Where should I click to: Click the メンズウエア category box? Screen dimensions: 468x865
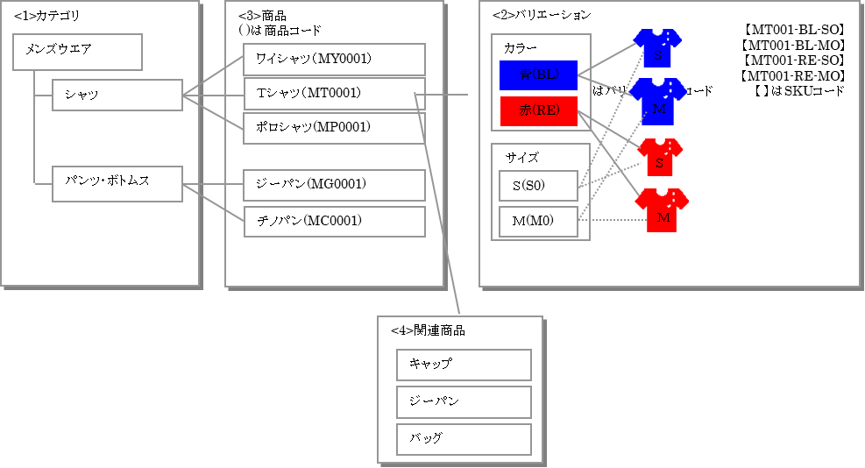[x=78, y=52]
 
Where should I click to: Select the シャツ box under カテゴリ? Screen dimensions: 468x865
[x=117, y=95]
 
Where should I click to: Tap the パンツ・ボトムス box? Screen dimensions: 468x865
[x=117, y=184]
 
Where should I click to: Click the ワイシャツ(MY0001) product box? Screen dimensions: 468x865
[x=334, y=60]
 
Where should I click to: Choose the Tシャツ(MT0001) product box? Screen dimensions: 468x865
[x=334, y=94]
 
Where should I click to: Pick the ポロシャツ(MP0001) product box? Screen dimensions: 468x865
[x=334, y=128]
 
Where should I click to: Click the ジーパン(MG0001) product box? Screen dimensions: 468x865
[x=334, y=185]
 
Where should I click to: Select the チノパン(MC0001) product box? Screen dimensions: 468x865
[x=334, y=221]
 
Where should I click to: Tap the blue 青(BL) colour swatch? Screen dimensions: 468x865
[x=538, y=75]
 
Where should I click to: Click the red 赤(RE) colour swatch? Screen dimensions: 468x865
[x=538, y=111]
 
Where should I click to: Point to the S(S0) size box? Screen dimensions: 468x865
[x=538, y=186]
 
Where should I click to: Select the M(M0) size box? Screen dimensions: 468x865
[x=538, y=221]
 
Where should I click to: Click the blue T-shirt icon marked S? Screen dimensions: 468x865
[x=657, y=48]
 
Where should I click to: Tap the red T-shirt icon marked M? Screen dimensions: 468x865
[x=662, y=210]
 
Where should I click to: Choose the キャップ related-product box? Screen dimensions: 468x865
[x=464, y=365]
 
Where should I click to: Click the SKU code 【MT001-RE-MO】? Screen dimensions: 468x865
[x=791, y=75]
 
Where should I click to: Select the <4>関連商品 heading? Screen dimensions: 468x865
[x=428, y=330]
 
